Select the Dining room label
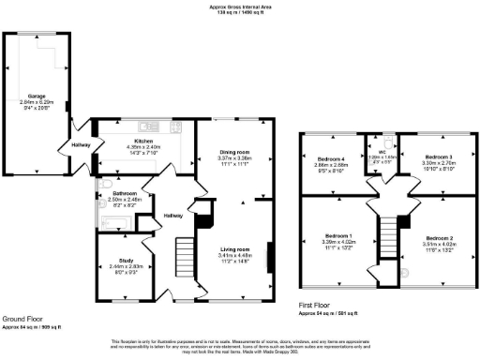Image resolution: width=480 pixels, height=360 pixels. [234, 152]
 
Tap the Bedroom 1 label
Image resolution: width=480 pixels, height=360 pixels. [337, 234]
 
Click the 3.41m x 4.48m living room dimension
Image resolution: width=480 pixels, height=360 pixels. [234, 256]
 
